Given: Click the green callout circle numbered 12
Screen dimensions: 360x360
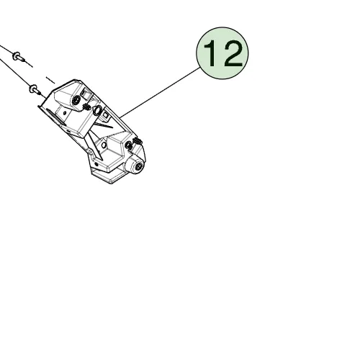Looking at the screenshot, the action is [x=222, y=53].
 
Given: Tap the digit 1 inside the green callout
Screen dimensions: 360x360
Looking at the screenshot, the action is [x=210, y=53].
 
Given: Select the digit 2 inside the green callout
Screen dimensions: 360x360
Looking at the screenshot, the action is [x=233, y=53].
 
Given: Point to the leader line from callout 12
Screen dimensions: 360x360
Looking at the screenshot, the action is [x=160, y=93].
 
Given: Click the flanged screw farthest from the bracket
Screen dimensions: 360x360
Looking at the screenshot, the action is [x=18, y=56].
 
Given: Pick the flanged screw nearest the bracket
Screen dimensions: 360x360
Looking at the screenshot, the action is [x=35, y=89].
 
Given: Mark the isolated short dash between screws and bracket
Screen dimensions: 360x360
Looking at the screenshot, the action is [x=50, y=80].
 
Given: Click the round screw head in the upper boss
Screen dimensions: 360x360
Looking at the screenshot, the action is [x=76, y=100].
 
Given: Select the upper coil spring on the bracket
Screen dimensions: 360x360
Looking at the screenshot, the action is [x=86, y=107].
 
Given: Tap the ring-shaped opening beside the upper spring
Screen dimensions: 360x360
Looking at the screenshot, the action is [x=97, y=110].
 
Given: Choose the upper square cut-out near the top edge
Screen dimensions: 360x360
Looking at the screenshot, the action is [x=85, y=93].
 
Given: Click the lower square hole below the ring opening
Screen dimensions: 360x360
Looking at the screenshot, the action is [x=106, y=115].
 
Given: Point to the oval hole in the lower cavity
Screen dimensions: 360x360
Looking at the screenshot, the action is [x=104, y=145].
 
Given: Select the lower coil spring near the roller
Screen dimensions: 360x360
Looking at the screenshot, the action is [x=138, y=141].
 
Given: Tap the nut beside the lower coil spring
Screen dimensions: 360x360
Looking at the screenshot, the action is [x=129, y=145].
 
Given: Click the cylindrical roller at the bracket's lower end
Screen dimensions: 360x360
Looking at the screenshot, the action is [x=137, y=165].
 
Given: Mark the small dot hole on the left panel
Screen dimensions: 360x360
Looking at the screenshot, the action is [x=64, y=112].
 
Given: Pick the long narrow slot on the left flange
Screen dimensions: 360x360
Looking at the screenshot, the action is [x=55, y=117].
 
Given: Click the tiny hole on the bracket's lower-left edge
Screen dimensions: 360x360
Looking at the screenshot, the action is [x=96, y=164].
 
